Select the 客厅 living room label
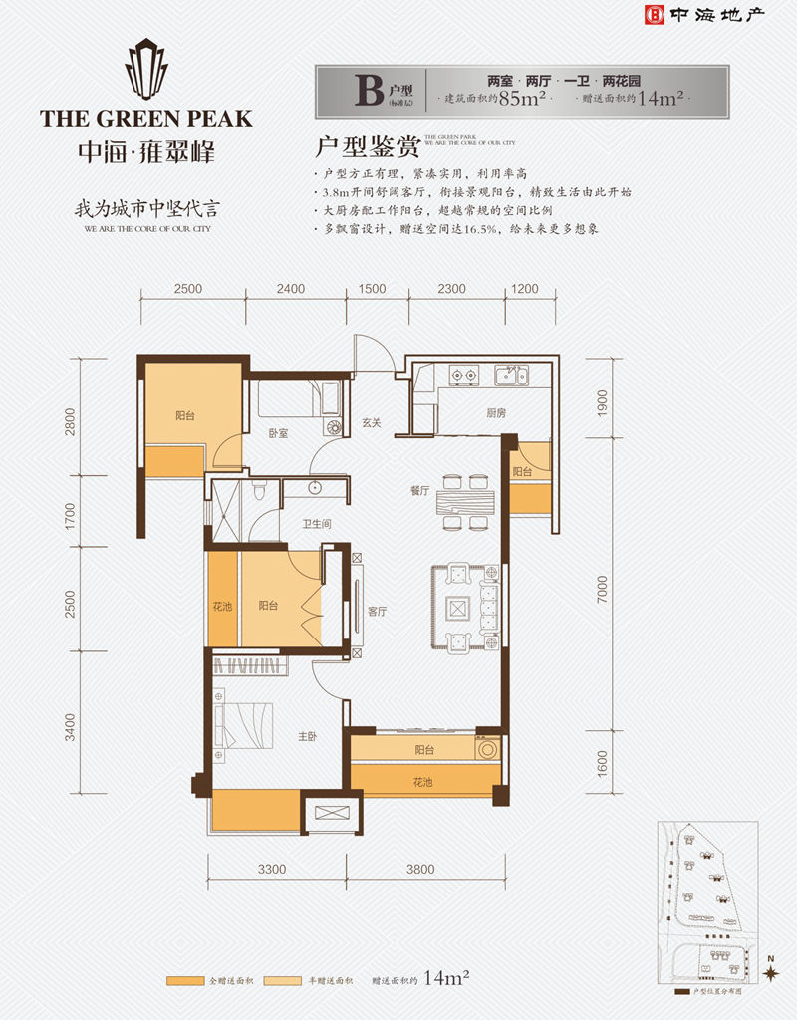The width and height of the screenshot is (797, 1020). pos(377,612)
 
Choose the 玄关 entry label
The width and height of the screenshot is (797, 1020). pos(372,423)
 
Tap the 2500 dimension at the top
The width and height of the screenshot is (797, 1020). pos(187,289)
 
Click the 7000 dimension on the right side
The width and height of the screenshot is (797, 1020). pos(602,596)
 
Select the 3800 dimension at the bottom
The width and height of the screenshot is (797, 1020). pos(420,869)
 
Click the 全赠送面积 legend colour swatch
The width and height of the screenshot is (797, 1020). pos(185,981)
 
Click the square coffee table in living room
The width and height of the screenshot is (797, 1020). pos(457,608)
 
